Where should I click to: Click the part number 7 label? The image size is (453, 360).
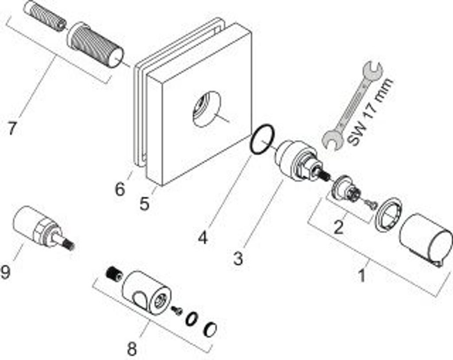(x=12, y=128)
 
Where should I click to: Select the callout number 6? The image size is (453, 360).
(x=120, y=189)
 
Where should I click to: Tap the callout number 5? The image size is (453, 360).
(x=145, y=204)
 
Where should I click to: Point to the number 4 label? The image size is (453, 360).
(x=202, y=238)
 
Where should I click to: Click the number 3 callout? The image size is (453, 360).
(x=238, y=258)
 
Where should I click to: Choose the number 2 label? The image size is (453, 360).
(x=338, y=228)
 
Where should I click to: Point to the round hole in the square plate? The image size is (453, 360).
(x=206, y=109)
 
